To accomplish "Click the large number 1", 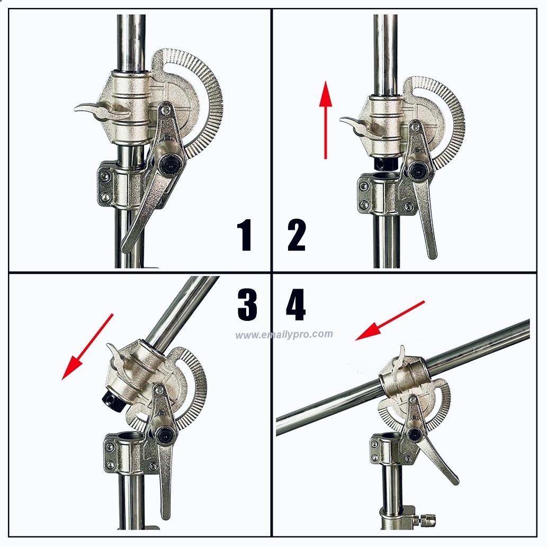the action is (x=246, y=235).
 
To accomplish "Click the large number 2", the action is (x=297, y=235).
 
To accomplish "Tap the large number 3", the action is (x=247, y=304).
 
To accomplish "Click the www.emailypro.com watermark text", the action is (x=284, y=335).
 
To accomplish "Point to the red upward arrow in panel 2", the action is (x=326, y=120).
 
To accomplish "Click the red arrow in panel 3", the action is (x=87, y=347).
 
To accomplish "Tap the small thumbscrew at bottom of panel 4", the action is (x=427, y=518).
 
